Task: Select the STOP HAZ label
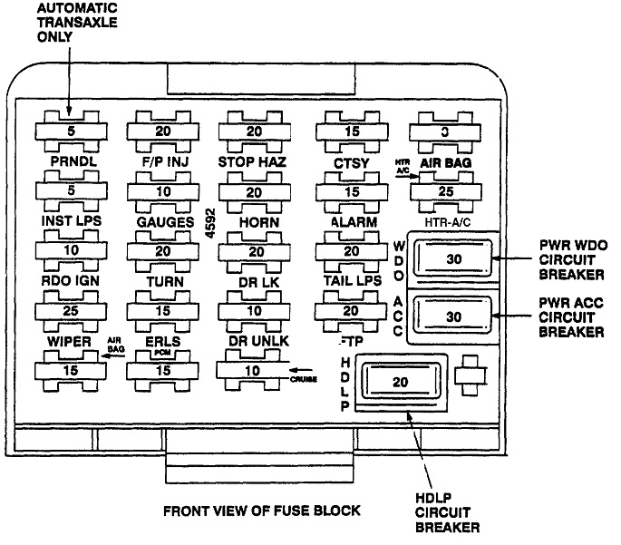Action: tap(254, 161)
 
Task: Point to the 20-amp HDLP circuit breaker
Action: tap(400, 383)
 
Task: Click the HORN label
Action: tap(254, 221)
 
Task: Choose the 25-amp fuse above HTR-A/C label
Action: tap(444, 192)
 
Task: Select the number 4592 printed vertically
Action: tap(209, 227)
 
